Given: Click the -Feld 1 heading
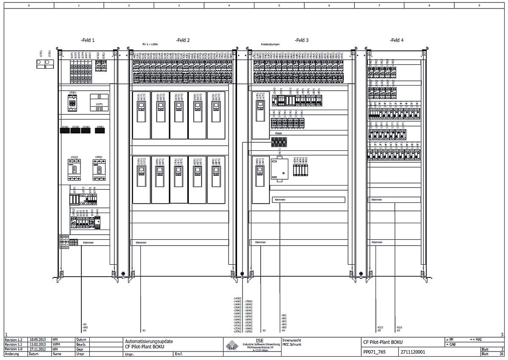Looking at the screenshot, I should pyautogui.click(x=88, y=40).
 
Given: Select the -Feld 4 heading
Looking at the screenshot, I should pyautogui.click(x=397, y=40).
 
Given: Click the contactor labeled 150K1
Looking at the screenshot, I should pyautogui.click(x=72, y=103).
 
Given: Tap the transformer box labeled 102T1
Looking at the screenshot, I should pyautogui.click(x=99, y=103).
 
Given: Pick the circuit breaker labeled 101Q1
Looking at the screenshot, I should pyautogui.click(x=74, y=170).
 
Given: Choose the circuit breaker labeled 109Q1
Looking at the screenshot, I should pyautogui.click(x=99, y=170).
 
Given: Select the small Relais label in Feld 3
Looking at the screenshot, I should pyautogui.click(x=279, y=133).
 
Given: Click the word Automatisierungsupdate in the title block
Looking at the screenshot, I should pyautogui.click(x=149, y=341).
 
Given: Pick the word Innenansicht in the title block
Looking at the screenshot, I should pyautogui.click(x=292, y=340).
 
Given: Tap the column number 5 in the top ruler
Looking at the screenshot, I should pyautogui.click(x=279, y=6).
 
